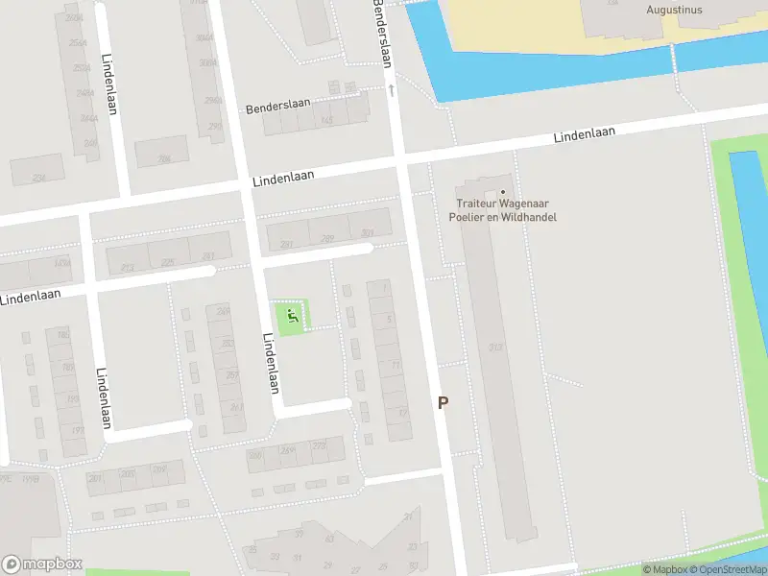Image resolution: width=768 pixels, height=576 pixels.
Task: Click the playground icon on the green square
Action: [293, 315]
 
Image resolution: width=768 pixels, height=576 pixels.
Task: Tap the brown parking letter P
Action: [443, 403]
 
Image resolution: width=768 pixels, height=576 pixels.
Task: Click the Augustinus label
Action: [674, 11]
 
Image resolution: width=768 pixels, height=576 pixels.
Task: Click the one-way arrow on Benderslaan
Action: [392, 89]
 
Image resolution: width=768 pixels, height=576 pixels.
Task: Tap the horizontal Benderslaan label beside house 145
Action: [275, 108]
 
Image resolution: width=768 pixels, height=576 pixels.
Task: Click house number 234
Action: [38, 178]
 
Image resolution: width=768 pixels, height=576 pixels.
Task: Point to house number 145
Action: [326, 121]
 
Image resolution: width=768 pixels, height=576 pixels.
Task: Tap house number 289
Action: [327, 238]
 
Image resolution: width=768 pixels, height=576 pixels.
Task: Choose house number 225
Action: [168, 261]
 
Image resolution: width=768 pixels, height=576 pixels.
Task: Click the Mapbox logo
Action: [42, 564]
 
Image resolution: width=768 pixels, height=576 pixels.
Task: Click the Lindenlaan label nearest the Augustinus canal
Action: [583, 135]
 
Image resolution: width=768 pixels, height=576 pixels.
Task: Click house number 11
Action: [396, 365]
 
